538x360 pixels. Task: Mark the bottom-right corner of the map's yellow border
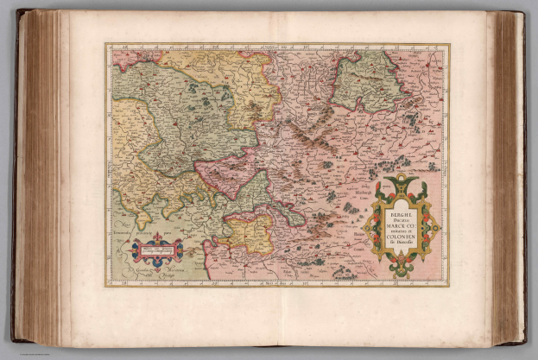click(448, 286)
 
